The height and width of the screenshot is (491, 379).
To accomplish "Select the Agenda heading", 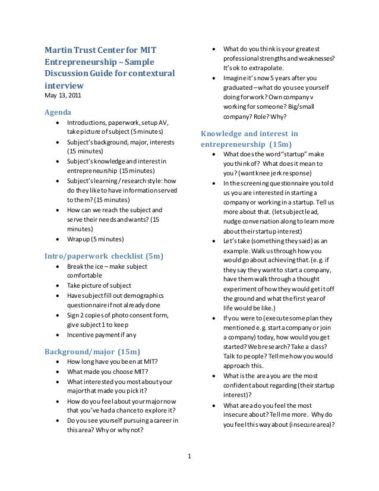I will [58, 112].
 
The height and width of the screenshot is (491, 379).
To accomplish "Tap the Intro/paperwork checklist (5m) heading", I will [105, 256].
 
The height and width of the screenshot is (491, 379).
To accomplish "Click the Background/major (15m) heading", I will [93, 351].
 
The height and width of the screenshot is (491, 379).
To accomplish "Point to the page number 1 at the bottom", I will [190, 457].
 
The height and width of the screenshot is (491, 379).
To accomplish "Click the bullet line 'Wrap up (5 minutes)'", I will [96, 239].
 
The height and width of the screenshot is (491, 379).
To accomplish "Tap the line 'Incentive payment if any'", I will [102, 335].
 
